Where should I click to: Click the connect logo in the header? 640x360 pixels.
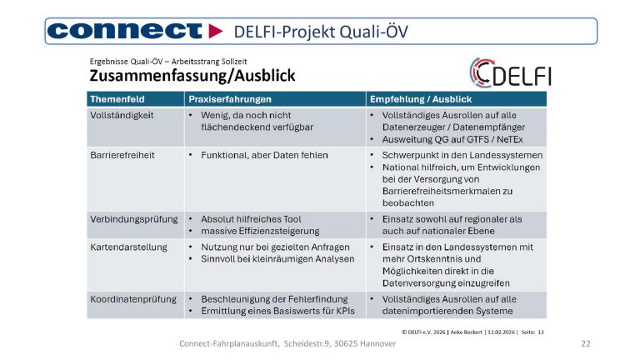click(125, 31)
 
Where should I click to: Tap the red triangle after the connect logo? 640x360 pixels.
click(217, 31)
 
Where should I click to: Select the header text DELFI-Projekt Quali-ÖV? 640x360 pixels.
click(321, 32)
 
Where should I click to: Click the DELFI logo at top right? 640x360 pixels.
click(509, 72)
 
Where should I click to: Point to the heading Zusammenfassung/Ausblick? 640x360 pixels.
click(192, 76)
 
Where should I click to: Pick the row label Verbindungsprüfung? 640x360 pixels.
click(133, 218)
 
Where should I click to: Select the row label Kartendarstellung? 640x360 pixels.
click(128, 247)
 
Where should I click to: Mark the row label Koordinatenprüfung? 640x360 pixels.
click(132, 298)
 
